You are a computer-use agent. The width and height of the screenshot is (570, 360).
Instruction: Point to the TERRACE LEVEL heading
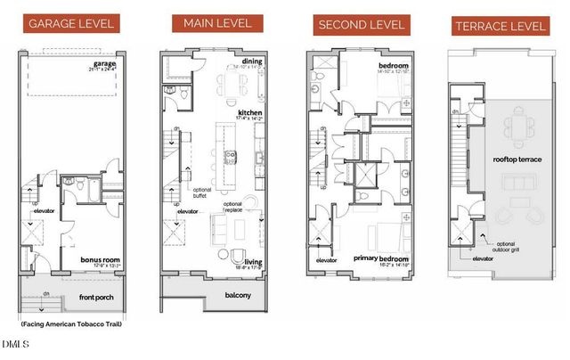point(500,25)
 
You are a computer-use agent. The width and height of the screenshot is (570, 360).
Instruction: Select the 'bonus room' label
point(100,260)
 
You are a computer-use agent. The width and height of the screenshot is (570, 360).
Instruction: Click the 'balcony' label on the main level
point(238,296)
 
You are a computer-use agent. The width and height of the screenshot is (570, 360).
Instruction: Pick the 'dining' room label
point(249,61)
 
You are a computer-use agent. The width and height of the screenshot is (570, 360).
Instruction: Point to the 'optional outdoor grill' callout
point(507,247)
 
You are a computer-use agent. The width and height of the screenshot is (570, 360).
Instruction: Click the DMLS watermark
point(15,344)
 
